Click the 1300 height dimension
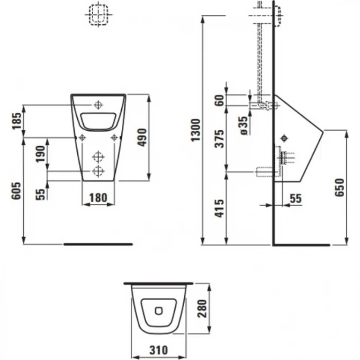coord(196,130)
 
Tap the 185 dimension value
coord(16,120)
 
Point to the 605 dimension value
coord(16,191)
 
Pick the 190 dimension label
coord(40,155)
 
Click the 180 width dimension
coord(98,198)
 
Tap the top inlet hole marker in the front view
coord(98,104)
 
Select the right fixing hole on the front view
coord(114,138)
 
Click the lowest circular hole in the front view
coord(97,171)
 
